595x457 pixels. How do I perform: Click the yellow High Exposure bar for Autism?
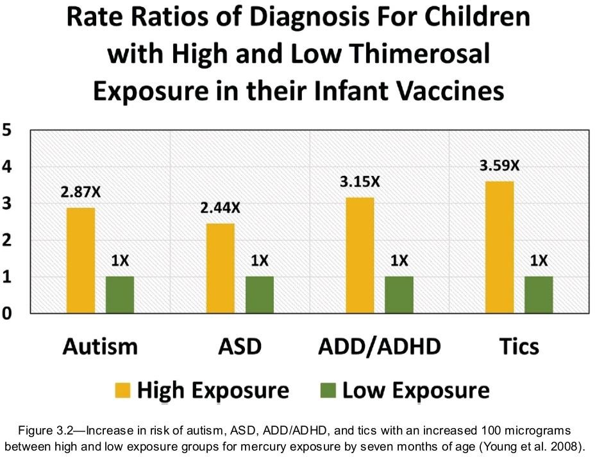coord(80,261)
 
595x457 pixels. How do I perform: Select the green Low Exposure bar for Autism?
coord(120,295)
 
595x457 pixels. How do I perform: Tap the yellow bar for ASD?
coord(221,268)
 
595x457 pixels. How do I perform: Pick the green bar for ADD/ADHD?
coord(399,295)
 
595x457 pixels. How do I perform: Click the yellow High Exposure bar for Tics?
coord(499,247)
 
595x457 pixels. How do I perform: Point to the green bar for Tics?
coord(539,295)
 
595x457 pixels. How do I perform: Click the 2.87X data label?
coord(81,192)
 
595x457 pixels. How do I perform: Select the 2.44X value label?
coord(221,208)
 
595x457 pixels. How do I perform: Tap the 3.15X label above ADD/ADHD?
coord(360,182)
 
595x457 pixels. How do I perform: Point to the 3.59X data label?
coord(499,166)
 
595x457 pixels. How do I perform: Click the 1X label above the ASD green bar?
coord(260,261)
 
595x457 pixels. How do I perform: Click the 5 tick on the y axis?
coord(7,130)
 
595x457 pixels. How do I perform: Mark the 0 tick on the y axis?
coord(7,313)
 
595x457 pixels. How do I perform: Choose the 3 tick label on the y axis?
coord(7,203)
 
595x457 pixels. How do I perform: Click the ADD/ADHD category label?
coord(380,346)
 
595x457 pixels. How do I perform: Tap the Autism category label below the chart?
coord(100,346)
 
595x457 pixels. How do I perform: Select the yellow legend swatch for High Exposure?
coord(122,390)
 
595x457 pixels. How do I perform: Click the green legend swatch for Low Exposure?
coord(328,390)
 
